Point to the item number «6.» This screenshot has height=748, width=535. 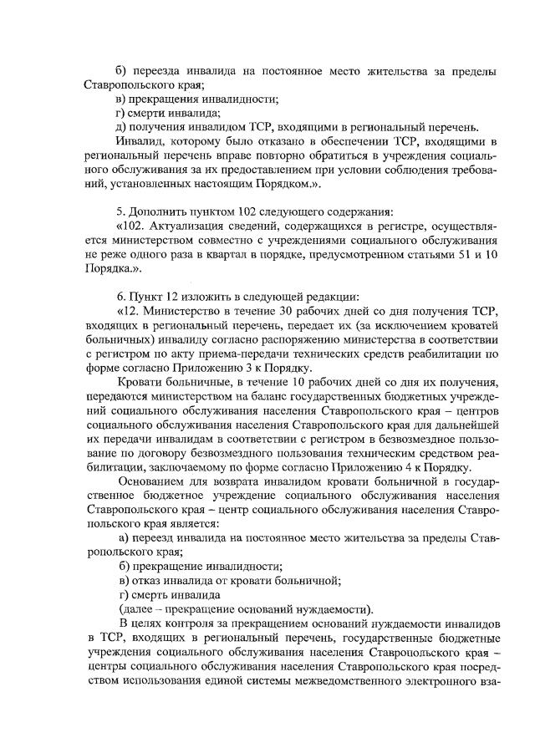point(122,298)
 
